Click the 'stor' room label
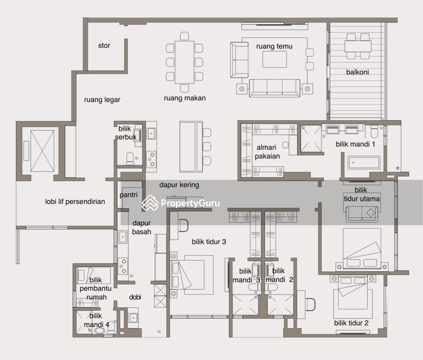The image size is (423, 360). pos(104,45)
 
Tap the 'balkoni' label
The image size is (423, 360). pos(358,72)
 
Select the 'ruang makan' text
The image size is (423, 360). pos(185,98)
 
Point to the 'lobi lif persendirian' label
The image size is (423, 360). pos(75,202)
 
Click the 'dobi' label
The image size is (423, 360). pos(135,297)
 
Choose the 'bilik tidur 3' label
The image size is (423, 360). pos(209,242)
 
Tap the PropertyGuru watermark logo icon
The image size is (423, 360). pos(150,203)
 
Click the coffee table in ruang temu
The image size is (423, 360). pos(275,59)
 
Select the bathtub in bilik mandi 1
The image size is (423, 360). pos(364,163)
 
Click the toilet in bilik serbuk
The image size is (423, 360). pos(130,158)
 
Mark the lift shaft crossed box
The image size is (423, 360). pos(42,151)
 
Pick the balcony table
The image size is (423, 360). pos(358,47)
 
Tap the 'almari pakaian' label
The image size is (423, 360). pos(267,152)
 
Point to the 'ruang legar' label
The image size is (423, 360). pos(102,100)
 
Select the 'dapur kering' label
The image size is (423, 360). pos(179,185)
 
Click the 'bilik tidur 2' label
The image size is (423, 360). pos(351,323)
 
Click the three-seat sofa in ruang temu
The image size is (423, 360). pos(275,88)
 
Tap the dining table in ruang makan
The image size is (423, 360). pos(184,62)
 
